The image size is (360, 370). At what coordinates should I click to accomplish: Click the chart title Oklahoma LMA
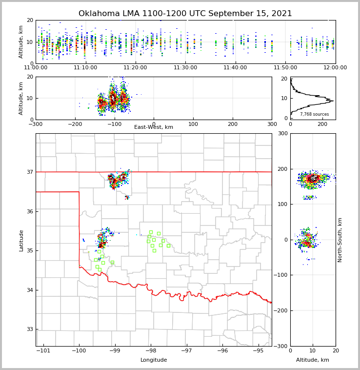coord(185,14)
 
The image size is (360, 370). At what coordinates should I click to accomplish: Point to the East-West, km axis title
coord(154,127)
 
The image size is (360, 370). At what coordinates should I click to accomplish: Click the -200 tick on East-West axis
coord(75,124)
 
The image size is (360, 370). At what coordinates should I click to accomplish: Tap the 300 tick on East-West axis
coord(272,124)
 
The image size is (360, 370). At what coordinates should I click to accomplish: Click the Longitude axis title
coord(154,360)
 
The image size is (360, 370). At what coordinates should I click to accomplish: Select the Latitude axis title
coord(21,240)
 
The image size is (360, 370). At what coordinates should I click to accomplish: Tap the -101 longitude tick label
coord(43,351)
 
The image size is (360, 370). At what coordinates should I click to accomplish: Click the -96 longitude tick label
coord(222,351)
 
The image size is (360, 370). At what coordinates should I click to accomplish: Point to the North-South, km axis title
coord(340,240)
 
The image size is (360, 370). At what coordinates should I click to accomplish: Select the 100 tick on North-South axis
coord(281,204)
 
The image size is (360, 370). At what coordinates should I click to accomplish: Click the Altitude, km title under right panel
coord(313,360)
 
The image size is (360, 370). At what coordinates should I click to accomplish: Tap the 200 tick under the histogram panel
coord(322,124)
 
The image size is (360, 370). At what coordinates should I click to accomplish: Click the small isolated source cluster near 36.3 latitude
coord(127,197)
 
